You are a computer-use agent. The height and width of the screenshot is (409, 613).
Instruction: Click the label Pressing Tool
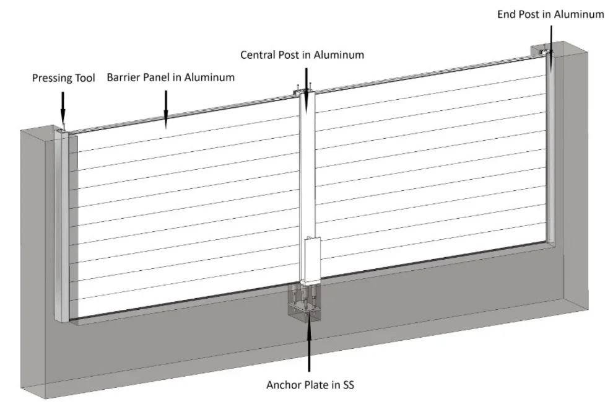coord(64,78)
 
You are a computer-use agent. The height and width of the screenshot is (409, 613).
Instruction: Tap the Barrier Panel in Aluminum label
coord(170,77)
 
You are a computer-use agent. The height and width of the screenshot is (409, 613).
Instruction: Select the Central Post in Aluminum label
coord(302,55)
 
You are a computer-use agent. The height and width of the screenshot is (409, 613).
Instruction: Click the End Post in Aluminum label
coord(550,14)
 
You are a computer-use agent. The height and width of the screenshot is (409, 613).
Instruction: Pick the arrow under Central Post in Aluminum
coord(304,77)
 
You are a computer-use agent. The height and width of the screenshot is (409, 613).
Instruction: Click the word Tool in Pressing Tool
coord(84,78)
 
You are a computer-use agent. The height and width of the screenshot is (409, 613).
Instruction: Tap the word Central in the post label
coord(259,55)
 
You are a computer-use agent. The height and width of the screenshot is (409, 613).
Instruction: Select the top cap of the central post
coord(304,92)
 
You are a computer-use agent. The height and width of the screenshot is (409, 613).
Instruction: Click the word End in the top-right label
coord(507,14)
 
